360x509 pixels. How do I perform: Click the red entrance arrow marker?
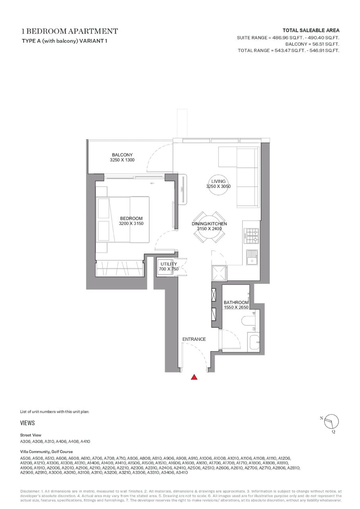(194, 377)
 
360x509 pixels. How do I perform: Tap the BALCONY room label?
(122, 155)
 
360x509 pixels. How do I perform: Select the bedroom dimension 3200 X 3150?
(131, 223)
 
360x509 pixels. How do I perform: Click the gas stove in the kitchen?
(252, 236)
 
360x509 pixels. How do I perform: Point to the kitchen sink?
(252, 257)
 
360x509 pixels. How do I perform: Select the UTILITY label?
(168, 264)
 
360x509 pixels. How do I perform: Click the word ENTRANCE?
(194, 339)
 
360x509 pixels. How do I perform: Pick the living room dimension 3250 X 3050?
(219, 187)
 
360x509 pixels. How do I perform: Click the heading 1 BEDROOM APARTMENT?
(70, 31)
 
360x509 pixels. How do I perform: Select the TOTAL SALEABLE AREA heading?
(311, 30)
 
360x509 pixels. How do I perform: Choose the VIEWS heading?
(27, 423)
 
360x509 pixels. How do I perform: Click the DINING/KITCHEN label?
(209, 223)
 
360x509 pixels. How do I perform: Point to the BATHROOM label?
(236, 303)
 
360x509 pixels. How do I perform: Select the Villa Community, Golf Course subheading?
(46, 451)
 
